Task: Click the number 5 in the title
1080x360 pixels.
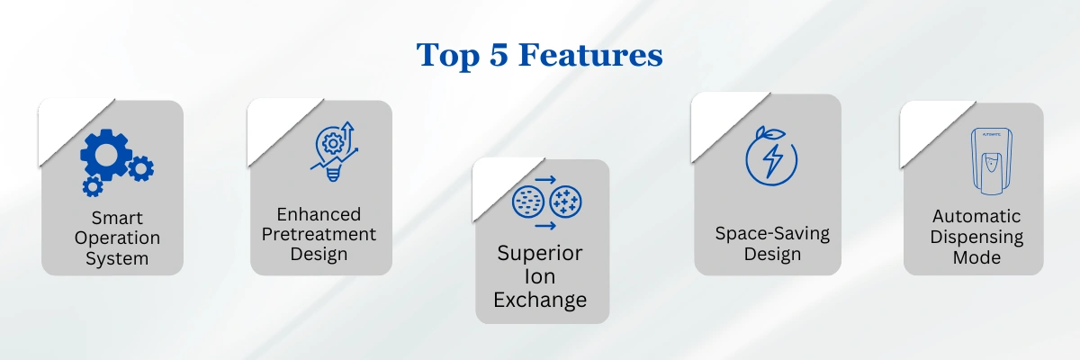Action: pyautogui.click(x=499, y=55)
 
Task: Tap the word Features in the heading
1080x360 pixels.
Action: pyautogui.click(x=590, y=55)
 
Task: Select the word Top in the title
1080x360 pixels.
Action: pyautogui.click(x=448, y=56)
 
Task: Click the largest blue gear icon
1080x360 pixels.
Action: pyautogui.click(x=106, y=155)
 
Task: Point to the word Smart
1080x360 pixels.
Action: pyautogui.click(x=117, y=218)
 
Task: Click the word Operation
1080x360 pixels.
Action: pyautogui.click(x=117, y=238)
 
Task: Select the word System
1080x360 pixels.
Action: pyautogui.click(x=117, y=258)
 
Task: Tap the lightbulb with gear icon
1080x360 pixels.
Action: pyautogui.click(x=333, y=153)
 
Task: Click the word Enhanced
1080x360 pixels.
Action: pyautogui.click(x=319, y=214)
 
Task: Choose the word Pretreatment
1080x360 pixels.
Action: pyautogui.click(x=319, y=234)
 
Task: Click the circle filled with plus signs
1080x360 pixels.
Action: pyautogui.click(x=565, y=202)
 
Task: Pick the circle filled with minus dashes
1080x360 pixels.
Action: pyautogui.click(x=528, y=202)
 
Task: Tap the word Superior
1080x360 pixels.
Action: pyautogui.click(x=540, y=254)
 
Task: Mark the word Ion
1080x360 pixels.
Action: pyautogui.click(x=540, y=276)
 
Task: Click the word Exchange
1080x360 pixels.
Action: pyautogui.click(x=540, y=300)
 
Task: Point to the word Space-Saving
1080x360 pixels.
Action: pyautogui.click(x=772, y=234)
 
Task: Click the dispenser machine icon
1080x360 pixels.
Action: pyautogui.click(x=991, y=161)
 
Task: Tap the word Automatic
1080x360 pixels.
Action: pyautogui.click(x=976, y=216)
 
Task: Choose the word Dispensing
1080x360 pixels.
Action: pyautogui.click(x=976, y=237)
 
